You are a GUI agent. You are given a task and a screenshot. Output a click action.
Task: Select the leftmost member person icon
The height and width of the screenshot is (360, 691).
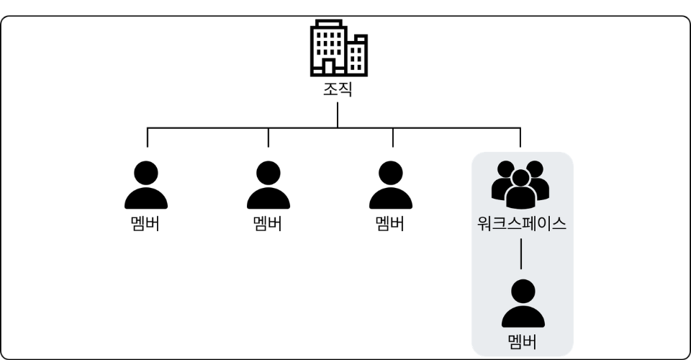[x=146, y=186]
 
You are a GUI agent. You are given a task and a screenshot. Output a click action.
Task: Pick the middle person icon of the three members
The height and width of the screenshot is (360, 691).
[x=268, y=186]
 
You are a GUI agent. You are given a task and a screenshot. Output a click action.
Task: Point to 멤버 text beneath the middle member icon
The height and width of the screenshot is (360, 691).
[x=268, y=222]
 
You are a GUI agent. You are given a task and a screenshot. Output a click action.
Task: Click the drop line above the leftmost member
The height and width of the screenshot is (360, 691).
[x=148, y=138]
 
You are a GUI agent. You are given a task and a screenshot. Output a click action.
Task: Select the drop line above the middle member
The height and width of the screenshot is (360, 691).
[x=268, y=138]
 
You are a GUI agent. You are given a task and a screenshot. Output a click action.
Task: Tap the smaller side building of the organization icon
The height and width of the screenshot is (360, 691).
[x=357, y=55]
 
